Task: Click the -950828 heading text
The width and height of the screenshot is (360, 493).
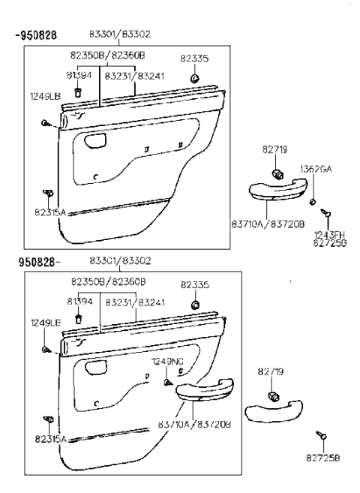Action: pos(37,35)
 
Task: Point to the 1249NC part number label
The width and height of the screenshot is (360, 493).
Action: pos(167,361)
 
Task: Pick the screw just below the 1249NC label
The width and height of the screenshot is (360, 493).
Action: pos(166,382)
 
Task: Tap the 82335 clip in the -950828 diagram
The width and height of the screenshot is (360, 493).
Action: pos(194,78)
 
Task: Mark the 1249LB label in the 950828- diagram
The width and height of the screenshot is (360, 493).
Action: pos(45,322)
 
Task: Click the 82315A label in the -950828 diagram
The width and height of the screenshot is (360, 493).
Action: pos(50,213)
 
